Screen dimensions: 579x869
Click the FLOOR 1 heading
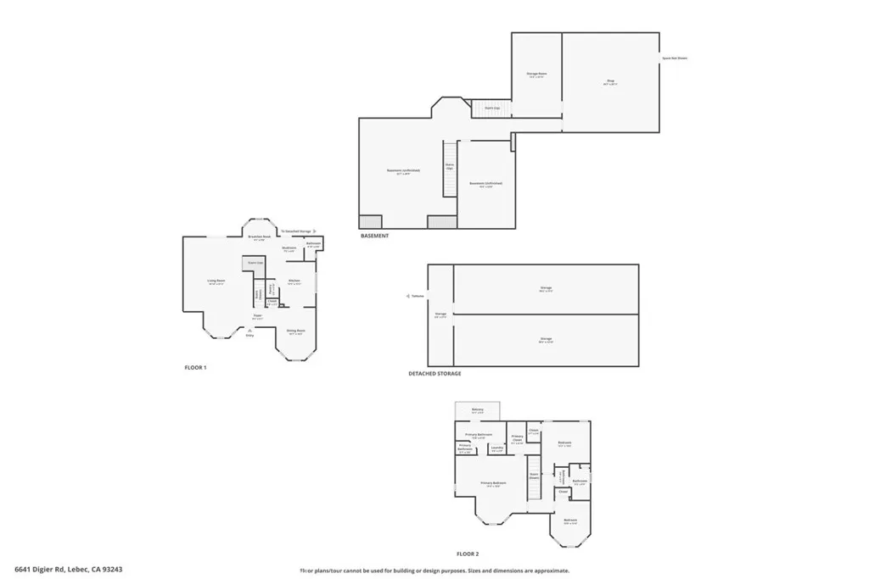pos(195,368)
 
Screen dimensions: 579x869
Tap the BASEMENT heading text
pos(374,236)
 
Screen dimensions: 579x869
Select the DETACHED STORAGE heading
pos(434,373)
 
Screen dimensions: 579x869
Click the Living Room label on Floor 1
pos(216,281)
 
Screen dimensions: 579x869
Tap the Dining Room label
pos(295,331)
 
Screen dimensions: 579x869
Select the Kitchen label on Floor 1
pos(294,281)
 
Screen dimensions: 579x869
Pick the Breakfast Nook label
pos(260,237)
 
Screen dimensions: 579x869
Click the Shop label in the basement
pos(610,81)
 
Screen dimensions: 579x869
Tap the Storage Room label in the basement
pos(536,75)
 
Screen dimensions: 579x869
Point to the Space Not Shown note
pos(675,58)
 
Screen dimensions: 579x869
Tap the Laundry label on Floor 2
pos(497,448)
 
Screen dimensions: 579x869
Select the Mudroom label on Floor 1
pos(289,248)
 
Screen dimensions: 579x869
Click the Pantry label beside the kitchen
pos(272,287)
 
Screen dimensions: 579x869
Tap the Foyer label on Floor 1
pos(257,316)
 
